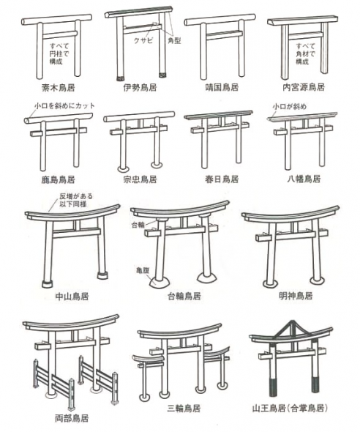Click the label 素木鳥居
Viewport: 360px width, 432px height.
pyautogui.click(x=58, y=88)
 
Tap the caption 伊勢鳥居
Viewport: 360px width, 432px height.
pyautogui.click(x=140, y=88)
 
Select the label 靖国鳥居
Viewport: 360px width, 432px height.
pyautogui.click(x=222, y=88)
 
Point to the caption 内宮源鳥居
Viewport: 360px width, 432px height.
pyautogui.click(x=304, y=88)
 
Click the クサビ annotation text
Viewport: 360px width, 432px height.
pyautogui.click(x=143, y=41)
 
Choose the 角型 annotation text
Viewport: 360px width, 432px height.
pyautogui.click(x=174, y=41)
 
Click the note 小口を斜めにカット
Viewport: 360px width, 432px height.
pyautogui.click(x=64, y=105)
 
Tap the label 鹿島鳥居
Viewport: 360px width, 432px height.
pyautogui.click(x=58, y=180)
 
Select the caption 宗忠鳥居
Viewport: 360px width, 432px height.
pyautogui.click(x=140, y=180)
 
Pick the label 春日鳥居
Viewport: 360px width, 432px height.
pyautogui.click(x=222, y=179)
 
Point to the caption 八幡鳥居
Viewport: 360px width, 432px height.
pyautogui.click(x=304, y=179)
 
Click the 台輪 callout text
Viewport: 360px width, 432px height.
pyautogui.click(x=138, y=225)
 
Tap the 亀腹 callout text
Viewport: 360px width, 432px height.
pyautogui.click(x=143, y=270)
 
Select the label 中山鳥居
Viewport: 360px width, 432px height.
pyautogui.click(x=72, y=297)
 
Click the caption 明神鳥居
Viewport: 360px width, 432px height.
pyautogui.click(x=296, y=296)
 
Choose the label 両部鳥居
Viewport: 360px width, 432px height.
pyautogui.click(x=72, y=419)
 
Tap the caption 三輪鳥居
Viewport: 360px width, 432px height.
pyautogui.click(x=184, y=408)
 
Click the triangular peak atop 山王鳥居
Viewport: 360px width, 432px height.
pyautogui.click(x=290, y=329)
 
